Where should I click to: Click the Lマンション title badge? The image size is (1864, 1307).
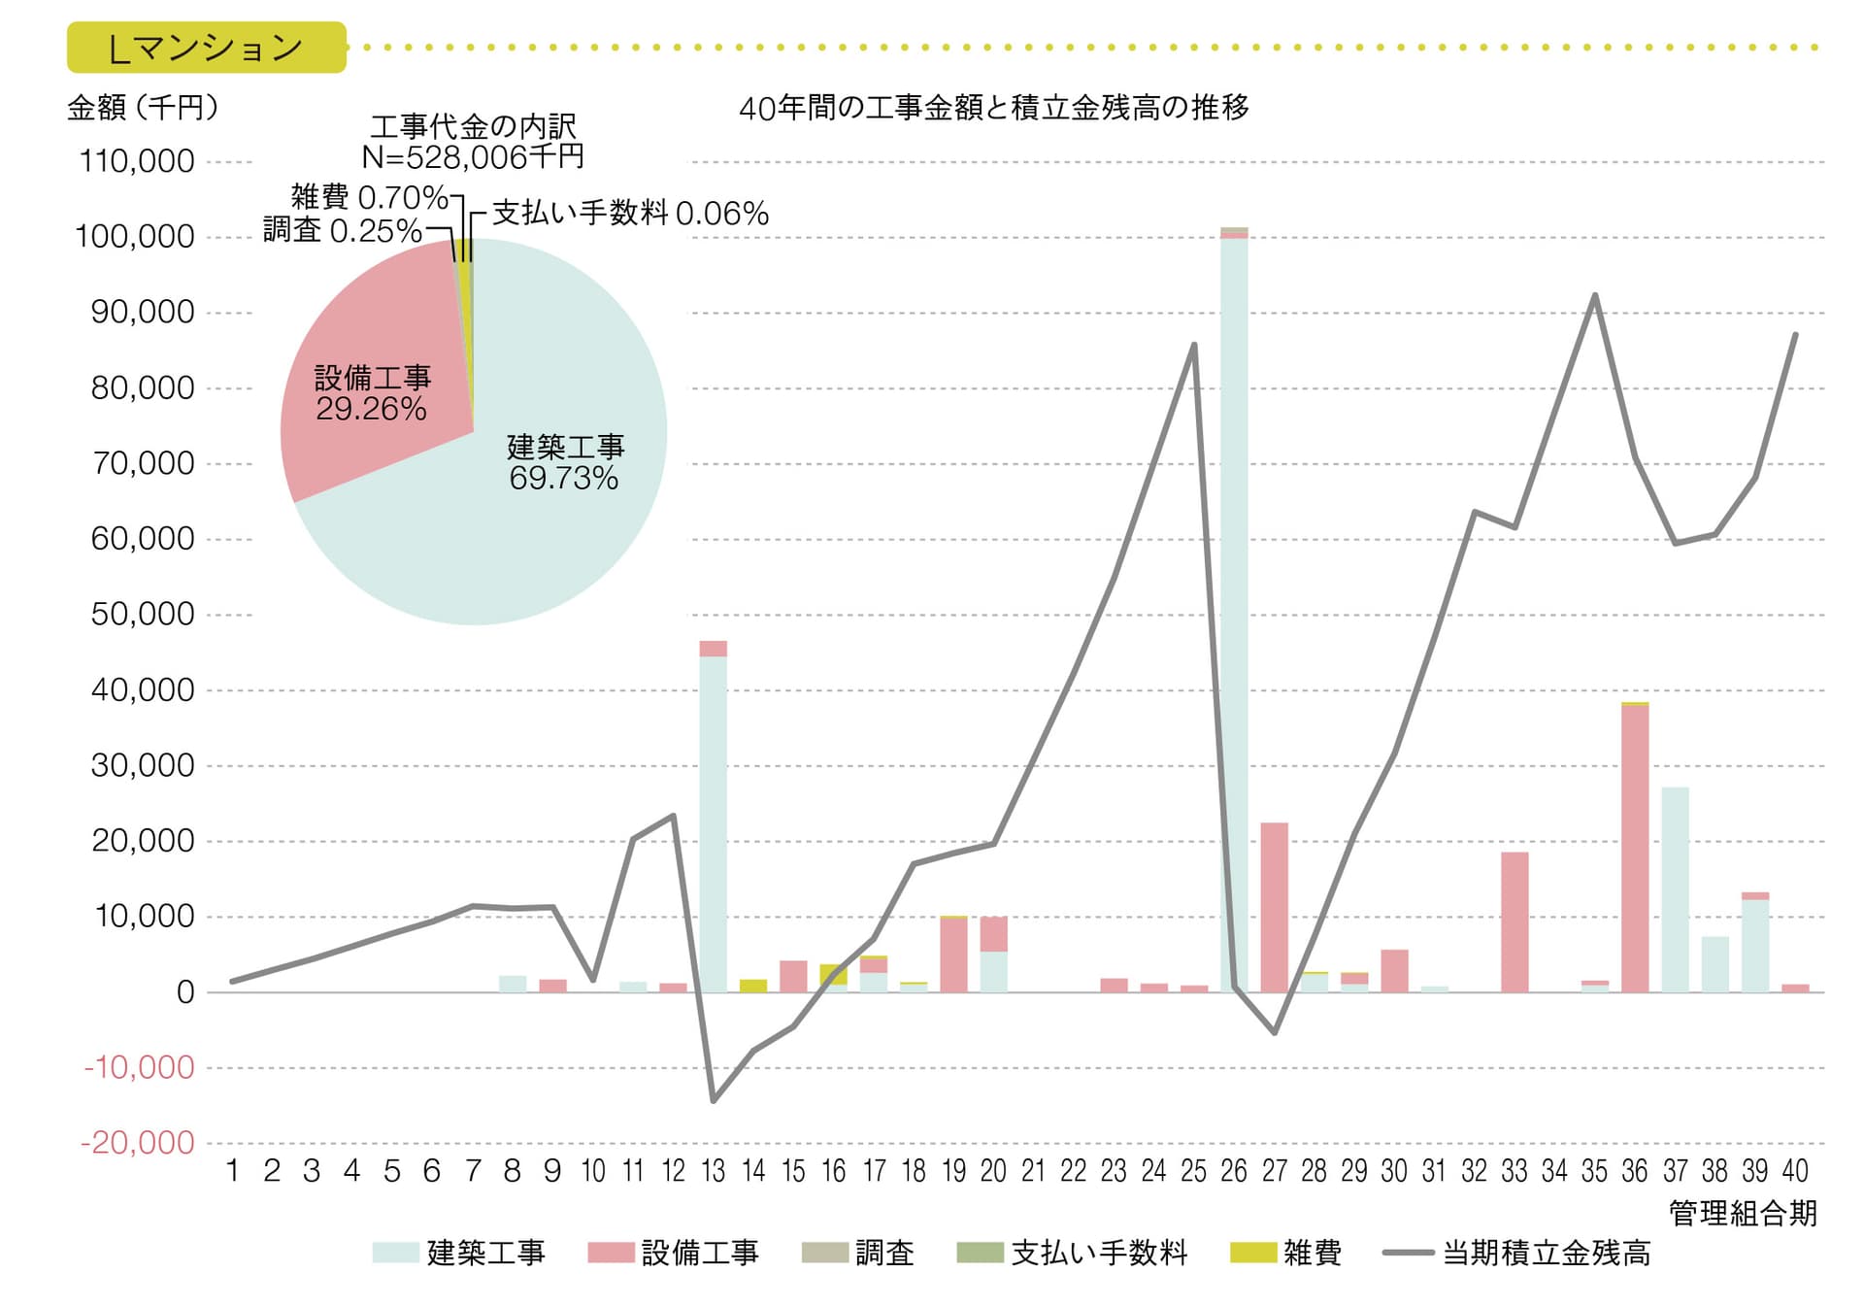(206, 48)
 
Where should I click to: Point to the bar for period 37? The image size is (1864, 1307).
(1675, 888)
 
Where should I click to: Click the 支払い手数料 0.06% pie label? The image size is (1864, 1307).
(630, 213)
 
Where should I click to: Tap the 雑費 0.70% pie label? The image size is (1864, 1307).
(369, 197)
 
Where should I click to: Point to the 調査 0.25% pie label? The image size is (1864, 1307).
(342, 230)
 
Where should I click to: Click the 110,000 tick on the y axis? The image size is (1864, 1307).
(137, 161)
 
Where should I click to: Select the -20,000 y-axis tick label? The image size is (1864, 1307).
(138, 1143)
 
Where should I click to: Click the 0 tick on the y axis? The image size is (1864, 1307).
(184, 992)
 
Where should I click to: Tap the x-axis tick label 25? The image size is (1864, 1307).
(1193, 1171)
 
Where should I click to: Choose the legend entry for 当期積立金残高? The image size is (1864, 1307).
(1516, 1253)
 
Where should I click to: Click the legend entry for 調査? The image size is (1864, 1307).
(858, 1253)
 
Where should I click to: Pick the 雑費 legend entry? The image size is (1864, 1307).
(1286, 1253)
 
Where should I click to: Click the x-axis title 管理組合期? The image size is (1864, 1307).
(1743, 1213)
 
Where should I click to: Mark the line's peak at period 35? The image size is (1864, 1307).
(1595, 295)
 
